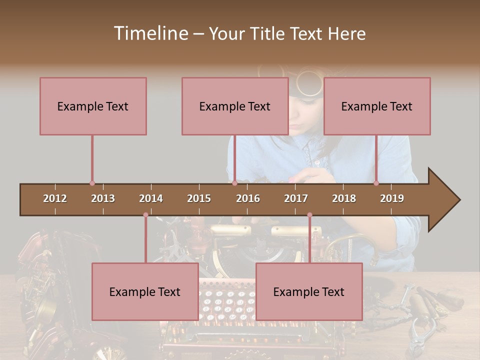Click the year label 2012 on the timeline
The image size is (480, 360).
[55, 198]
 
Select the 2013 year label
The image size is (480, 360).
[103, 198]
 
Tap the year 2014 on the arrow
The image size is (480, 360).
[151, 198]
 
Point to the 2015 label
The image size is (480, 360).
[199, 198]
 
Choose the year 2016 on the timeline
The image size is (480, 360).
[248, 198]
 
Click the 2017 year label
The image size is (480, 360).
[296, 198]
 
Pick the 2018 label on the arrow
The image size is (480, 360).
[344, 198]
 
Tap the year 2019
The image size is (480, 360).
[392, 198]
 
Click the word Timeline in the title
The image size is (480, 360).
[150, 33]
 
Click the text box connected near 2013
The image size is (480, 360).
[93, 106]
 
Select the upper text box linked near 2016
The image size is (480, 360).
[235, 106]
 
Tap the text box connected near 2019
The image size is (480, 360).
[377, 106]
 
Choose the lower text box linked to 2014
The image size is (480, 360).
[145, 291]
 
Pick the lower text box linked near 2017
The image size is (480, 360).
[309, 291]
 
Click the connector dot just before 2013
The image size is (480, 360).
[92, 183]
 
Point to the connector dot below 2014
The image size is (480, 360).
[145, 215]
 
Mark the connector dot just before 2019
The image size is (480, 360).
[376, 183]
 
